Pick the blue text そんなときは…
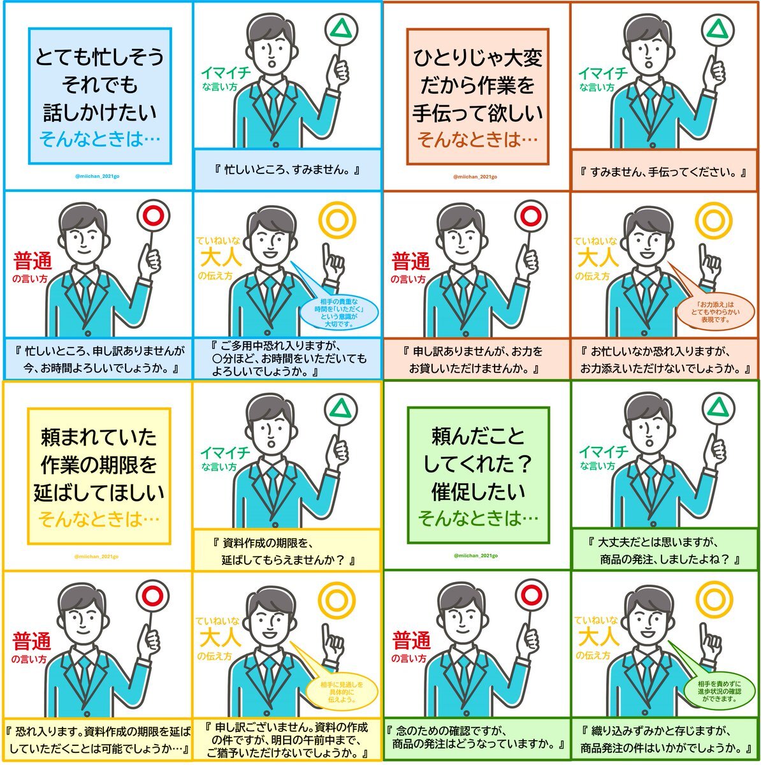(x=100, y=139)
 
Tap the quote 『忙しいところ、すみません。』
(x=287, y=170)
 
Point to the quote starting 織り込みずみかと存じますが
(x=664, y=739)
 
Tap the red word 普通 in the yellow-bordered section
(x=33, y=641)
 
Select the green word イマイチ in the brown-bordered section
(x=602, y=73)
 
